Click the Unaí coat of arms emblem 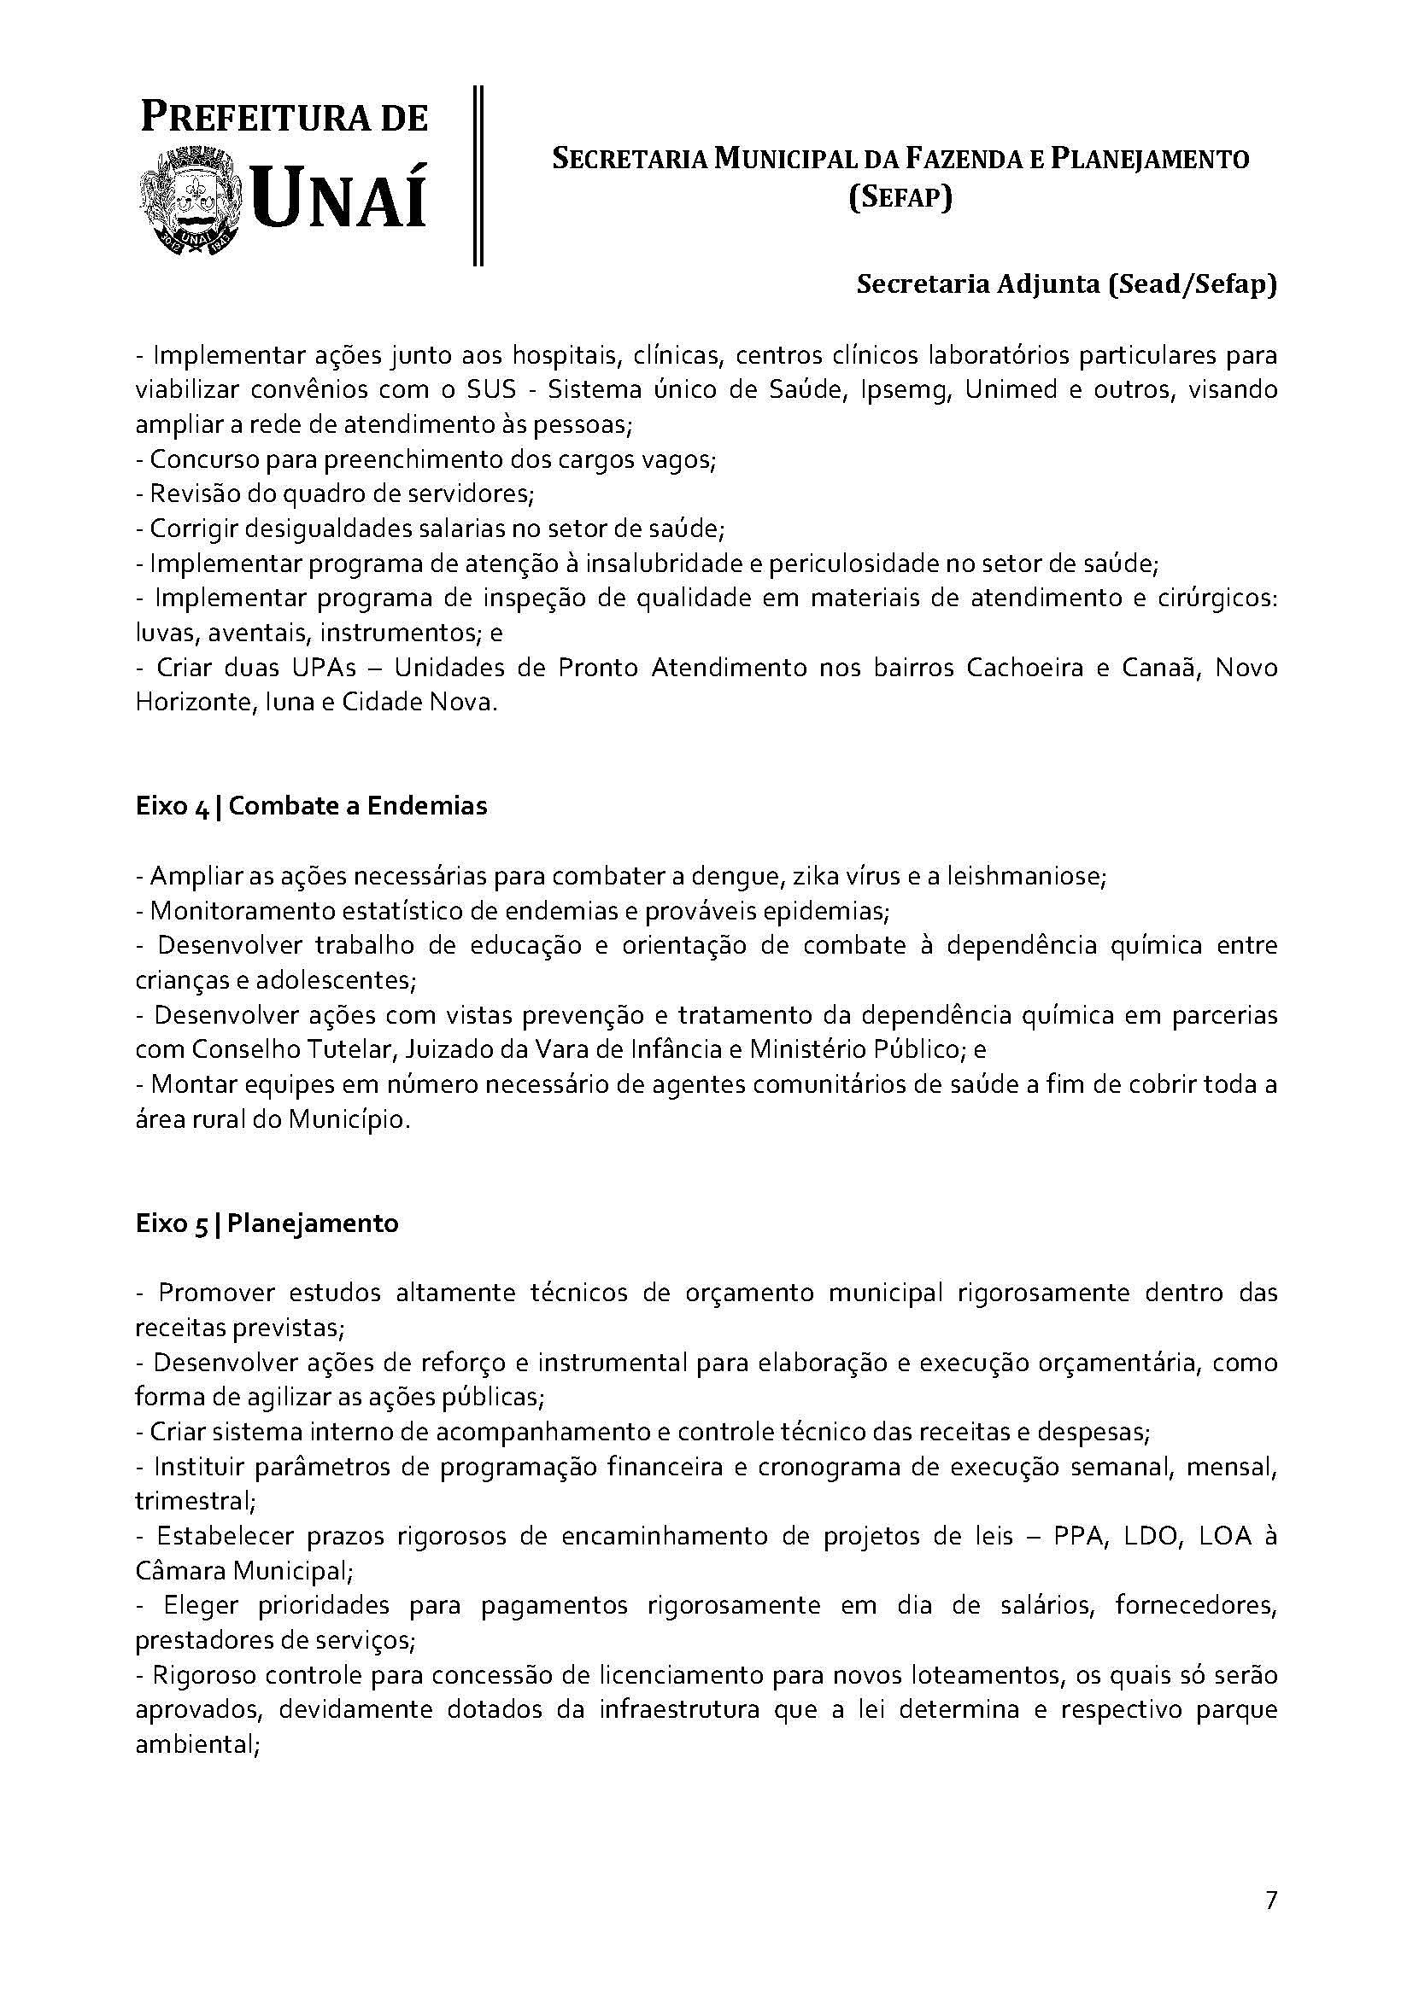[192, 201]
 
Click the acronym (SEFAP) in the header [900, 198]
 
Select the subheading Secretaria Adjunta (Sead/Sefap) [1067, 285]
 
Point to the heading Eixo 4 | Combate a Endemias [312, 806]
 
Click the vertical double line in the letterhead [478, 174]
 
